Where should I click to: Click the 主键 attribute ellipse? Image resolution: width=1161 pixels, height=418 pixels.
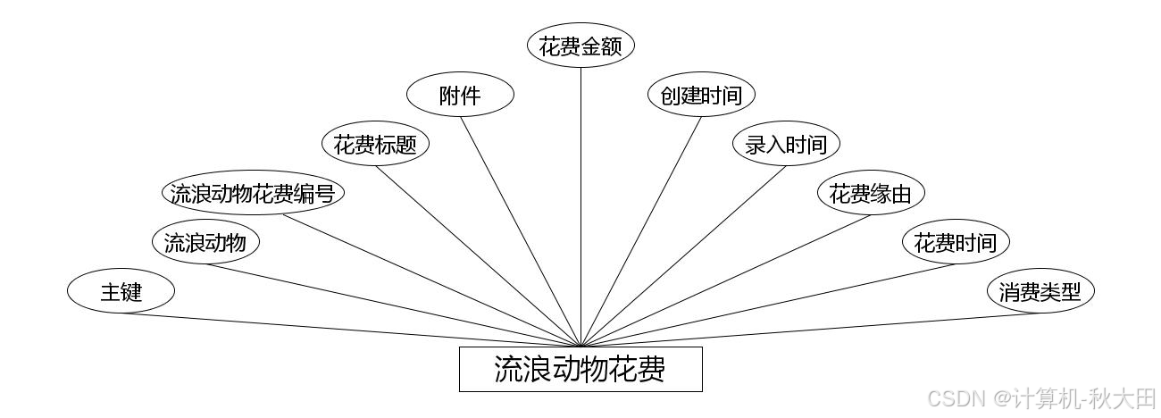(x=121, y=291)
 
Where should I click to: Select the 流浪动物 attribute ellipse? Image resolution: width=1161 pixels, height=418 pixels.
(x=205, y=242)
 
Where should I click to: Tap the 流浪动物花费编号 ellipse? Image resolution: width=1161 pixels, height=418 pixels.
(x=253, y=193)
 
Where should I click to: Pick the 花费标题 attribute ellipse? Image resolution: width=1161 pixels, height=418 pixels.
(x=375, y=144)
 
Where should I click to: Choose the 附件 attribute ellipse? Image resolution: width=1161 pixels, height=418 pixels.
(x=460, y=96)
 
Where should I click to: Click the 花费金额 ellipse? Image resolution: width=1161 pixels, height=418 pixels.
(x=580, y=46)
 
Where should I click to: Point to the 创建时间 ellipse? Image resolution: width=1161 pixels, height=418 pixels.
(x=701, y=96)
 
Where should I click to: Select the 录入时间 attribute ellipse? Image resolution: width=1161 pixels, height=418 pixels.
(x=786, y=144)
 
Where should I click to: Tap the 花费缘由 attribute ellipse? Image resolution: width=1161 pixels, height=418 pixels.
(x=871, y=193)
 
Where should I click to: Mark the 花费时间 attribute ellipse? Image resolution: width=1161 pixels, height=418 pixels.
(x=956, y=242)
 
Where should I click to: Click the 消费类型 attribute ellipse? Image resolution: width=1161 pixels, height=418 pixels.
(x=1040, y=291)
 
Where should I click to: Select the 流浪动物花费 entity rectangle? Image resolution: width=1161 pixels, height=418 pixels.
(x=580, y=369)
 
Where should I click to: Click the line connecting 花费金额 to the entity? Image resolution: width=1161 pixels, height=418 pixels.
(x=580, y=205)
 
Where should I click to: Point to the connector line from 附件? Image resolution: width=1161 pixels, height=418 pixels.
(x=521, y=231)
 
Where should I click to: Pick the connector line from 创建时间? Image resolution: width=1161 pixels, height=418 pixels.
(x=640, y=231)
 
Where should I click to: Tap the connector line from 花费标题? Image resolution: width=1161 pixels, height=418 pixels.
(x=478, y=255)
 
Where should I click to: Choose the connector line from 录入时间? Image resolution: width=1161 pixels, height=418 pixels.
(x=683, y=255)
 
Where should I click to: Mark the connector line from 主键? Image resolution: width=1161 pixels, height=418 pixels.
(x=350, y=330)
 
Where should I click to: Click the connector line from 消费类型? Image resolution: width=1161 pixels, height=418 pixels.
(x=811, y=330)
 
